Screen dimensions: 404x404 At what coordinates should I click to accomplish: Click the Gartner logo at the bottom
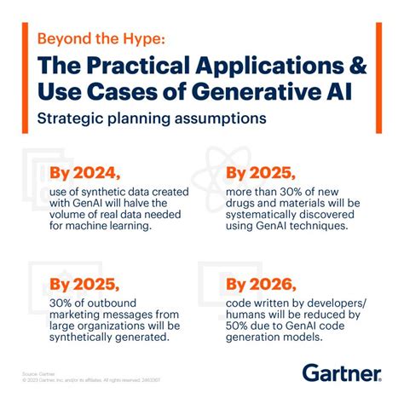[341, 373]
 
